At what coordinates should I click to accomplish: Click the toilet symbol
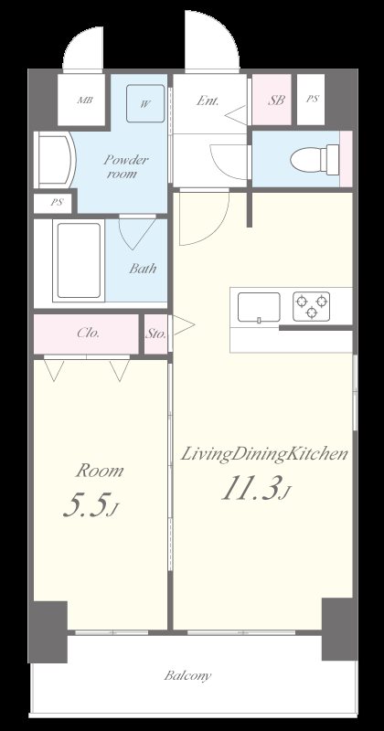pos(315,159)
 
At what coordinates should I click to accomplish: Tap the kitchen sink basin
pos(259,307)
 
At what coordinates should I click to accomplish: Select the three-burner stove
pos(311,306)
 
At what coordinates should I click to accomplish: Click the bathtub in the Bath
pos(79,261)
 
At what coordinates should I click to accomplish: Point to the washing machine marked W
pos(145,103)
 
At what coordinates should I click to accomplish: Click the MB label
pos(84,100)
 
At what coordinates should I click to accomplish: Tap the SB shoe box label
pos(276,101)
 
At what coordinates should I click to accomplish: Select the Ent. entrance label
pos(208,101)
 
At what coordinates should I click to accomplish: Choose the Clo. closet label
pos(88,333)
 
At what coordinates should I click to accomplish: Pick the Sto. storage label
pos(155,334)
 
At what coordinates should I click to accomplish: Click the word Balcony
pos(187,675)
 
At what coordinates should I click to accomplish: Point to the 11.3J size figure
pos(257,489)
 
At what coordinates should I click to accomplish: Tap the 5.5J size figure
pos(91,505)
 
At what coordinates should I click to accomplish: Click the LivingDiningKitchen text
pos(264,454)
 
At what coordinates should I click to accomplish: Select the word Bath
pos(143,269)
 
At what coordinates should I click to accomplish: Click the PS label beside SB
pos(312,100)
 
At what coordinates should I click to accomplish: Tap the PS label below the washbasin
pos(57,203)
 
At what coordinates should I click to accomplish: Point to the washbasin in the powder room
pos(55,160)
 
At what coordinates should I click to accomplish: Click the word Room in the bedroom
pos(100,471)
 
